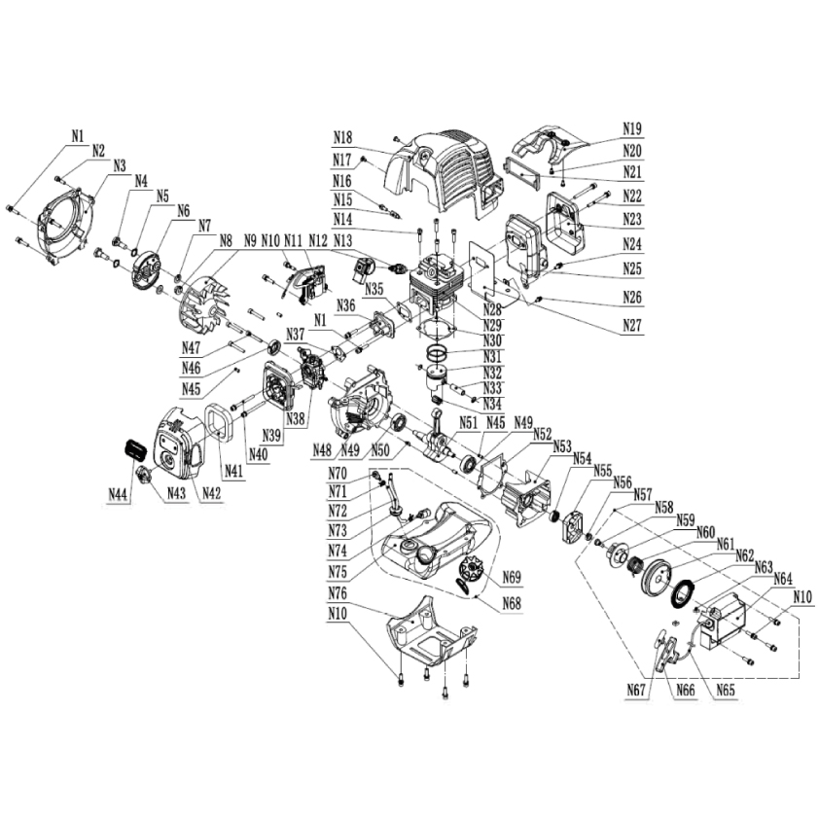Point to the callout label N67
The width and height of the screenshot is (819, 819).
[637, 691]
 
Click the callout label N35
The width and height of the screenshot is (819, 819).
[374, 289]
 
